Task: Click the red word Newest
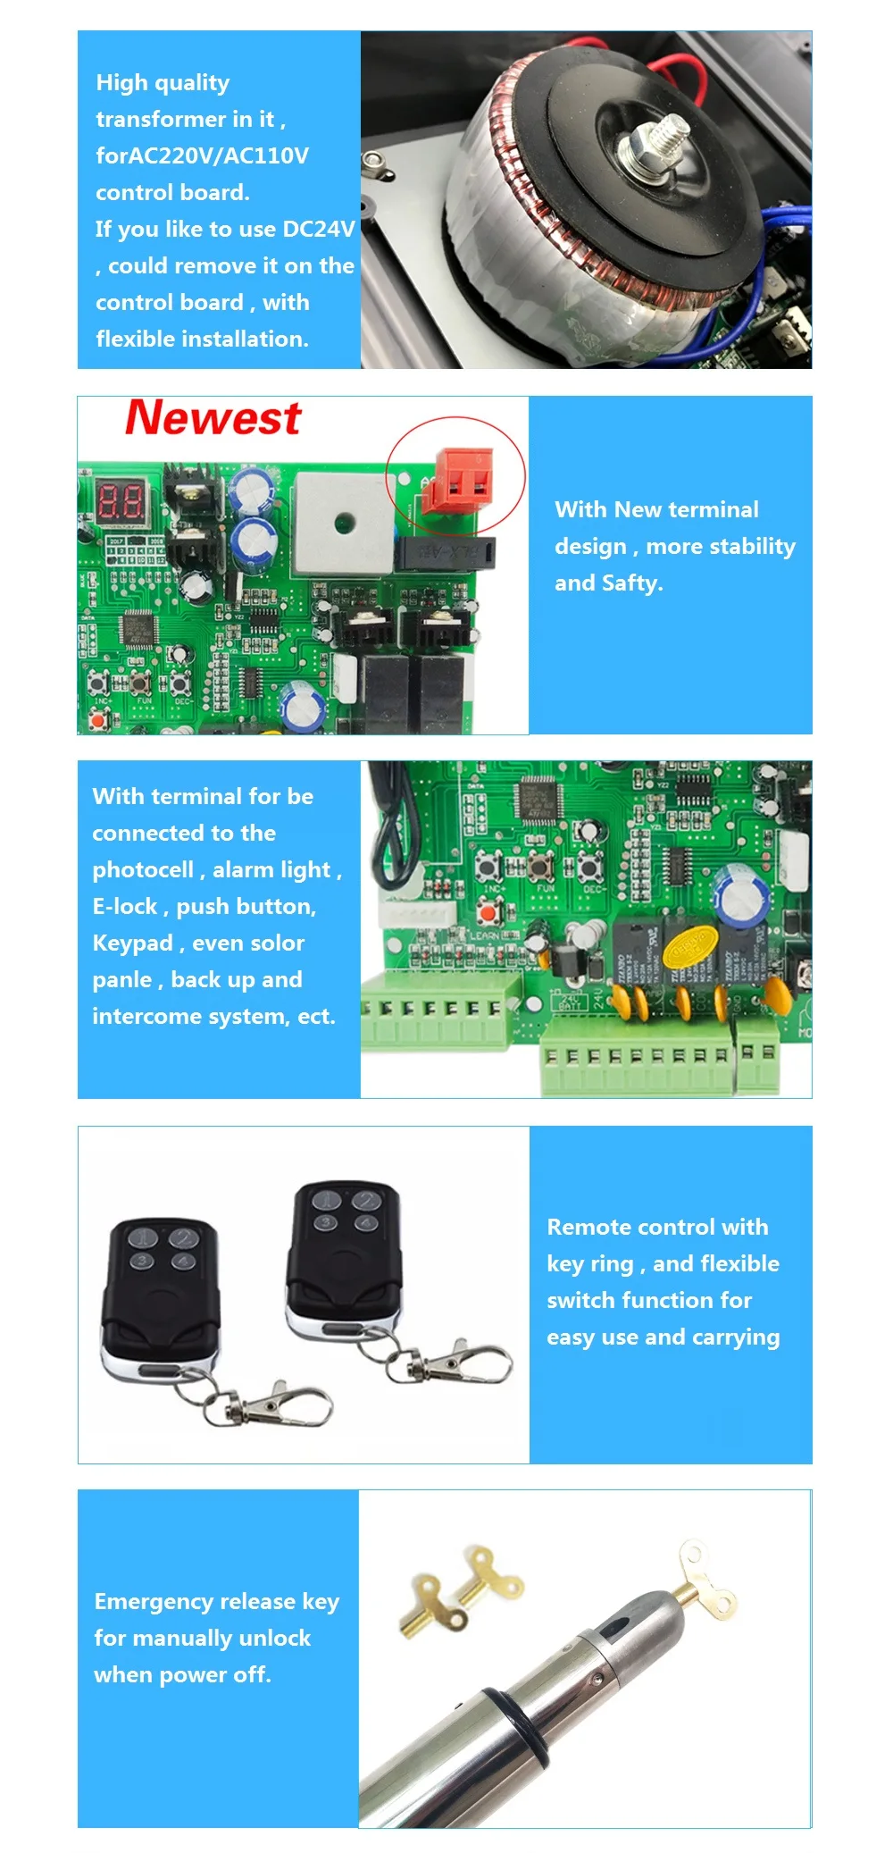(x=213, y=418)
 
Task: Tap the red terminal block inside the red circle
(x=463, y=479)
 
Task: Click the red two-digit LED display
(x=121, y=503)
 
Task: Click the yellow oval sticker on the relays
(x=691, y=947)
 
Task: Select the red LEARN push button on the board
(x=488, y=912)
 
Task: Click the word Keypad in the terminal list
(x=132, y=943)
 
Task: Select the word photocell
(x=143, y=870)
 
